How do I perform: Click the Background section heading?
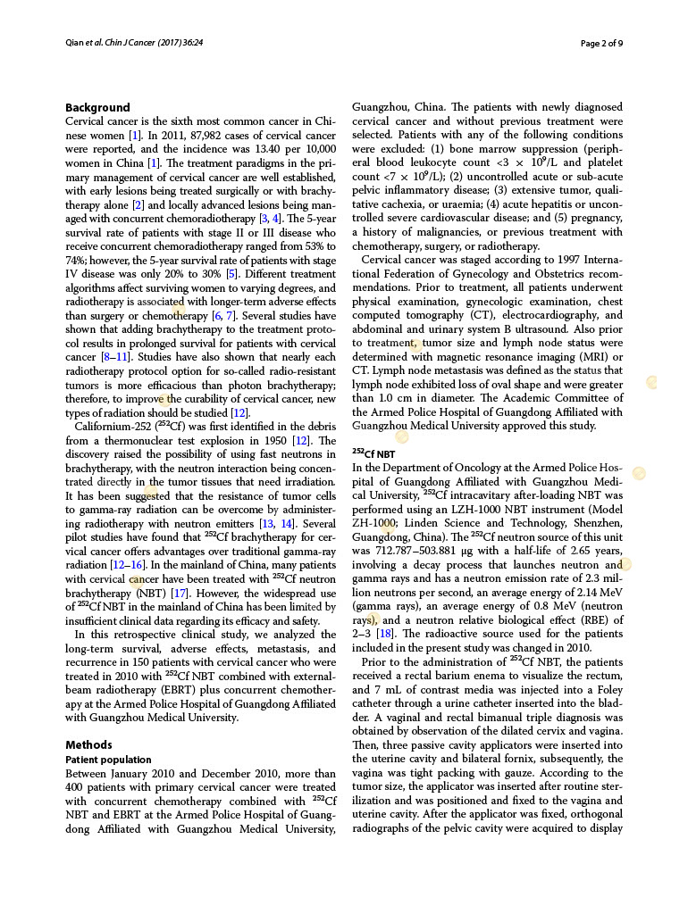[x=97, y=107]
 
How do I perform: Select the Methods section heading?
[x=88, y=744]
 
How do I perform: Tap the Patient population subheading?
[x=103, y=759]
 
